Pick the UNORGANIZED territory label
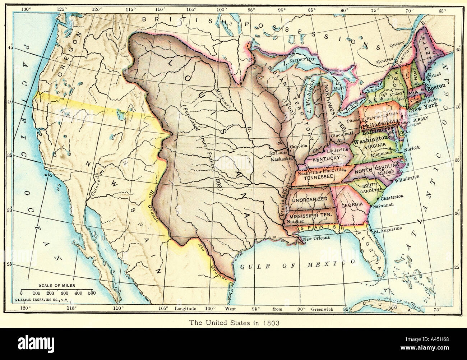point(309,199)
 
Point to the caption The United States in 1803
point(233,322)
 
